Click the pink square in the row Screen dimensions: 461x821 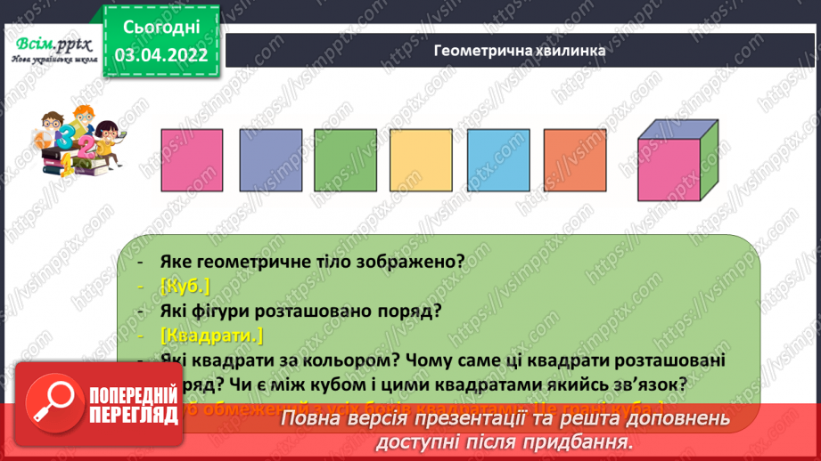(x=191, y=160)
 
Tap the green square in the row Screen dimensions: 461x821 (x=344, y=160)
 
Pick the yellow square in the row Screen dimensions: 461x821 (x=421, y=160)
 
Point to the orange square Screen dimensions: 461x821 (x=573, y=160)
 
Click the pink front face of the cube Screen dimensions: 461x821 (x=669, y=173)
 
